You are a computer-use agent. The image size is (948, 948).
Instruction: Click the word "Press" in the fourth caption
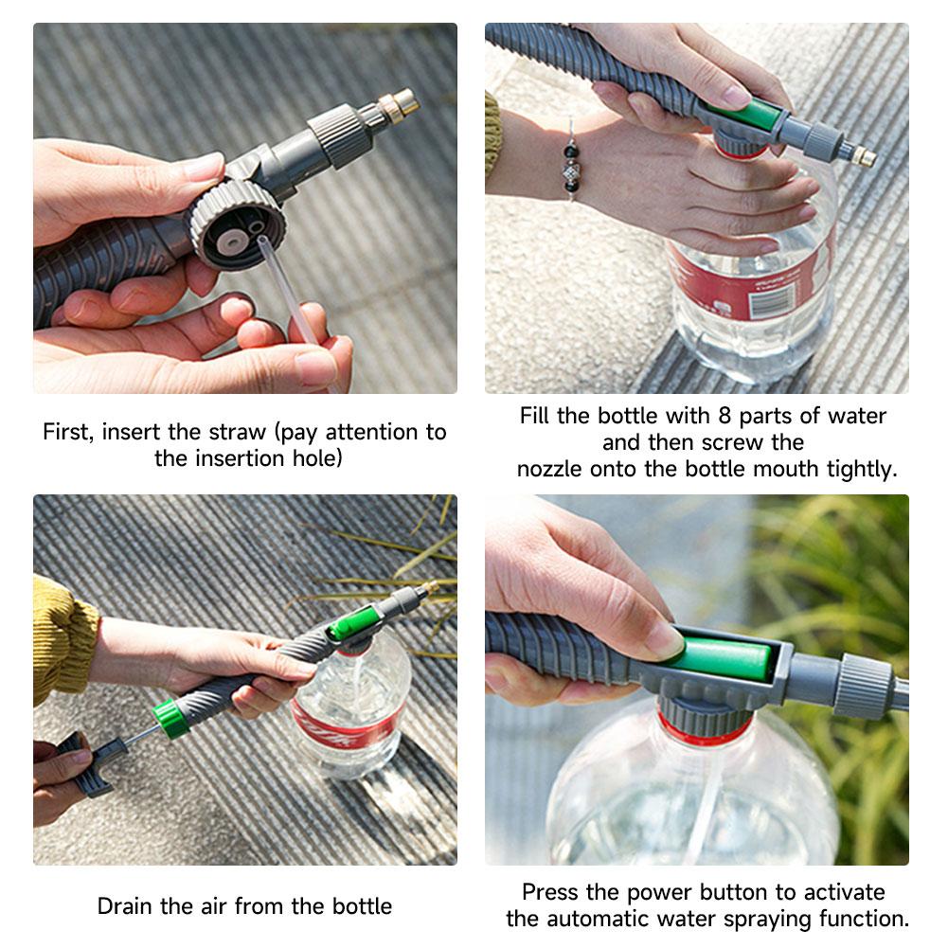[x=552, y=892]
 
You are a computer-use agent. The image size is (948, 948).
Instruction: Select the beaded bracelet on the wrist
[x=571, y=161]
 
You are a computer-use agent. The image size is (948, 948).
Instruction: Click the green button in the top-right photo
[x=750, y=116]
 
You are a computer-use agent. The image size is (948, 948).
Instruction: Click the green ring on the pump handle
[x=168, y=717]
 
